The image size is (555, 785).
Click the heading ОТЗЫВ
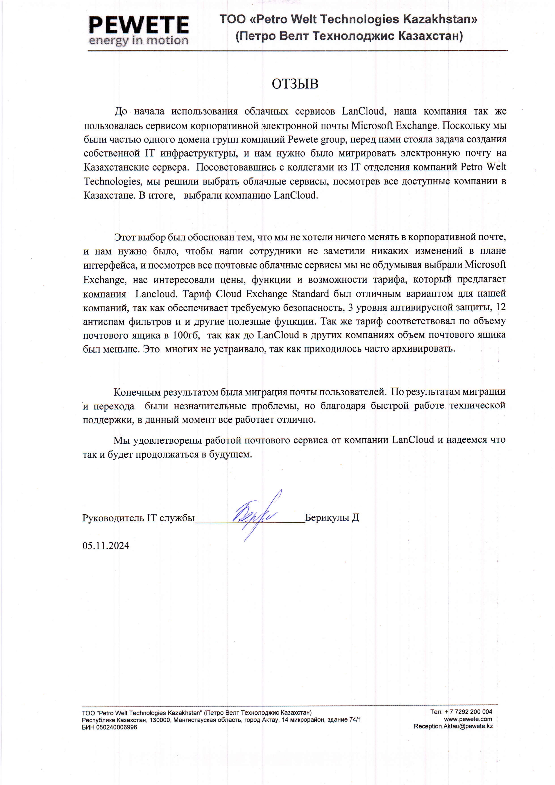(x=295, y=84)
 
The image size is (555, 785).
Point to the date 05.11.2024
(x=106, y=545)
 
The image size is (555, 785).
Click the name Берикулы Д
(x=332, y=518)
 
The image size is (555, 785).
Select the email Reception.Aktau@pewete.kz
(x=453, y=726)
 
